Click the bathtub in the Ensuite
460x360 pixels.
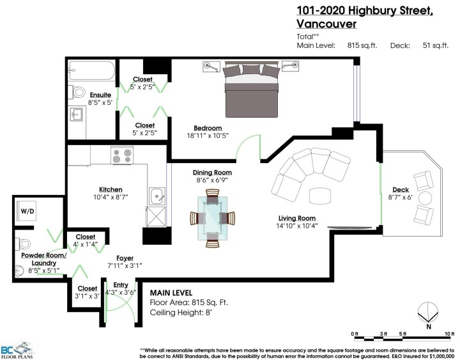[x=91, y=70]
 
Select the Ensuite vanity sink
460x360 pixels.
[x=77, y=116]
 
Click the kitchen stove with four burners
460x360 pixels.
[x=121, y=155]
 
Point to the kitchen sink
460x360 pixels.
[x=155, y=195]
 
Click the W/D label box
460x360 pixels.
[x=27, y=210]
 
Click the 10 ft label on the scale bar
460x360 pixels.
[x=448, y=334]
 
